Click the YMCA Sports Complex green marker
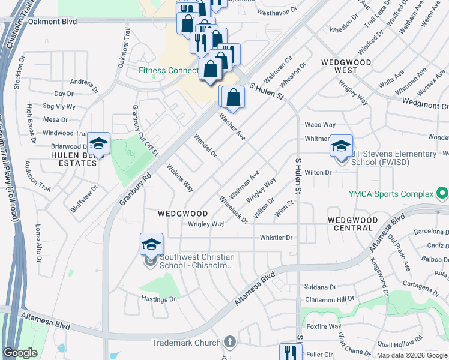point(442,193)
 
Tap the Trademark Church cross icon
point(228,342)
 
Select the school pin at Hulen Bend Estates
point(98,145)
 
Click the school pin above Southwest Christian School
point(151,245)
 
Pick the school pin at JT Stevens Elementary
point(340,146)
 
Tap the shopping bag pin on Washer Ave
point(234,97)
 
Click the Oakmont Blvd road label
point(53,22)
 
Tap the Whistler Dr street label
point(276,238)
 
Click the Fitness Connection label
point(168,70)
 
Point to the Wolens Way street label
point(180,178)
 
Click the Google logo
point(20,353)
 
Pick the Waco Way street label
point(320,125)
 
